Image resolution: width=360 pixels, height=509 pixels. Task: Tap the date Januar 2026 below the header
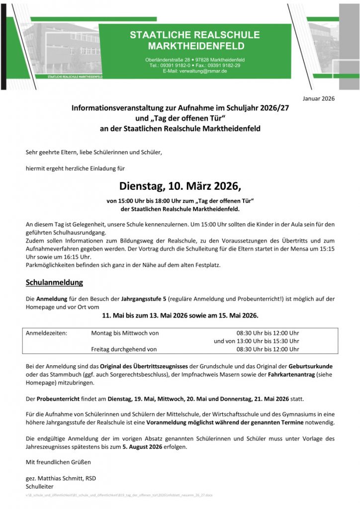(x=319, y=98)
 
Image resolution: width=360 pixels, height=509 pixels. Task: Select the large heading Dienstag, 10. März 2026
(x=180, y=187)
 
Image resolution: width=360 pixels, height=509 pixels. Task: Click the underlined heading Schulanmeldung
(x=54, y=283)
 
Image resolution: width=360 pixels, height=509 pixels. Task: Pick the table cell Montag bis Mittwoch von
(x=125, y=333)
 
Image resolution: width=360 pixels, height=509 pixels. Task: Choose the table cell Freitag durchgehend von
(x=124, y=349)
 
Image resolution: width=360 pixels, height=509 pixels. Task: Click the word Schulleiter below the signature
(x=39, y=486)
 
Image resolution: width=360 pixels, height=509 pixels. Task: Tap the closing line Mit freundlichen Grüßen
(x=58, y=462)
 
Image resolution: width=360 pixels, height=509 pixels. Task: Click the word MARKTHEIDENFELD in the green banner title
(x=196, y=46)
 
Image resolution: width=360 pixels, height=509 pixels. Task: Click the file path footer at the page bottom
(x=119, y=496)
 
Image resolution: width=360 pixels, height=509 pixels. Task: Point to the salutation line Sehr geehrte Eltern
(x=94, y=152)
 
